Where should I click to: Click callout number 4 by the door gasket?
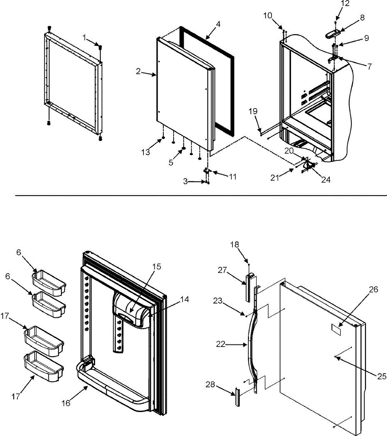[x=217, y=24]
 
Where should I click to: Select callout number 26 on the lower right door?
[x=373, y=290]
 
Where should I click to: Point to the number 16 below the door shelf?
[x=66, y=403]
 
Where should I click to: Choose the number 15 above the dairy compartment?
[x=156, y=267]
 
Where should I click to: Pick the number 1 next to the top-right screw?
[x=85, y=37]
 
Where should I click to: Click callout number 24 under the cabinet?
[x=326, y=179]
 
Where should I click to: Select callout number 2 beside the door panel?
[x=138, y=72]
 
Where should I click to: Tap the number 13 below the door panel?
[x=146, y=152]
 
